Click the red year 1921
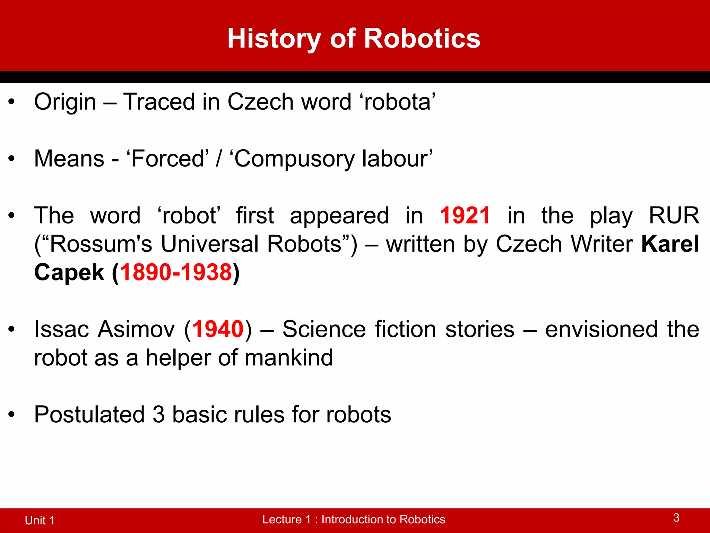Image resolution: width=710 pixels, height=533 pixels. [465, 215]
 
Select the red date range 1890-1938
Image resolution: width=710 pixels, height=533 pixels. [176, 272]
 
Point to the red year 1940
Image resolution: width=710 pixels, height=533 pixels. [218, 329]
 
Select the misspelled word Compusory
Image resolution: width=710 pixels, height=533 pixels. [295, 159]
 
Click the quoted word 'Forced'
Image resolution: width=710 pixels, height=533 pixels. [168, 159]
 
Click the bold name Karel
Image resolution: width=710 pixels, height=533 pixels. [670, 244]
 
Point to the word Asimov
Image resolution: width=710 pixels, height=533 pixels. [136, 329]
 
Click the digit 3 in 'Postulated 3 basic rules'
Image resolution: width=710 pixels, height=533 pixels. [158, 415]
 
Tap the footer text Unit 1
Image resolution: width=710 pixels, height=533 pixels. [40, 520]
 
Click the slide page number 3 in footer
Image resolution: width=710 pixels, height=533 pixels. [676, 518]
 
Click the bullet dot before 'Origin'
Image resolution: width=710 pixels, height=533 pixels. [12, 102]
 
